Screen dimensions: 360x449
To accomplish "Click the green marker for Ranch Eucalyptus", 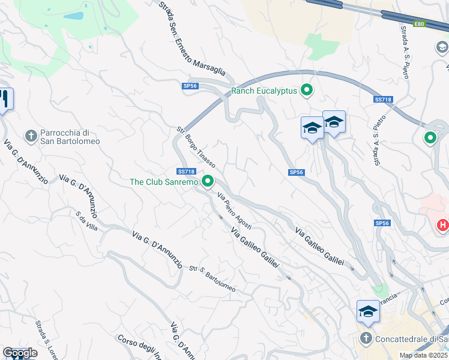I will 307,91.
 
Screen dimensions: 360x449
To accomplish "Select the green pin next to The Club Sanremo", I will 208,181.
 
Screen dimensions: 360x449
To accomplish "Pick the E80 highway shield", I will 419,24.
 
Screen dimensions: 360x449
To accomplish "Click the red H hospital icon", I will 442,225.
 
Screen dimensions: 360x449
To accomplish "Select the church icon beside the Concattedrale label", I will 366,339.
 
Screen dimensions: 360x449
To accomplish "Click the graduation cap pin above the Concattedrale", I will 368,312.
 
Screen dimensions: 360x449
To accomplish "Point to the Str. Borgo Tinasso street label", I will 196,146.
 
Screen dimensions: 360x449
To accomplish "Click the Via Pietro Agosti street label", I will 234,210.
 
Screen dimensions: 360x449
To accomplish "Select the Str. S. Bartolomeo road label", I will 212,278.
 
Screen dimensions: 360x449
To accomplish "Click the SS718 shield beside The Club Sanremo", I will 187,171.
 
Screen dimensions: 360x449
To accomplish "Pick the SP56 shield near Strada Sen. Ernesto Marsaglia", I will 190,86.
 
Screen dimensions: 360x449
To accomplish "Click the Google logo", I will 20,353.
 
